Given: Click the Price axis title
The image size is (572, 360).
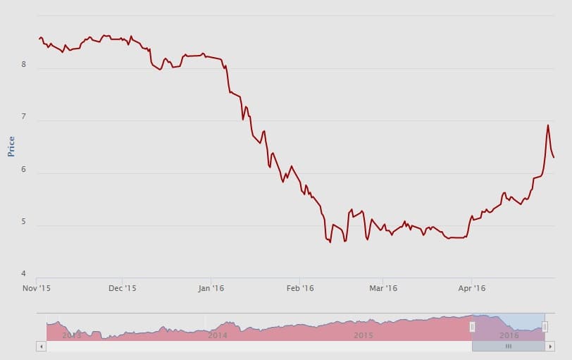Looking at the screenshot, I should pos(11,146).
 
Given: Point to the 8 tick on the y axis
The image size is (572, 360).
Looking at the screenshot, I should pos(23,65).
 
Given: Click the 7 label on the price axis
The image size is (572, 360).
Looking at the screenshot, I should pos(23,117).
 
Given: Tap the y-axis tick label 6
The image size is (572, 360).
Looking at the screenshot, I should pos(23,170).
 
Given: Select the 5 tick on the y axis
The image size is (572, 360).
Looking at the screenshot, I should pos(23,223).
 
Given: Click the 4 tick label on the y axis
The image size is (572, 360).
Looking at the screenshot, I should pos(23,274).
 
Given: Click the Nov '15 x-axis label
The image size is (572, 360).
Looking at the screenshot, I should pos(36,288).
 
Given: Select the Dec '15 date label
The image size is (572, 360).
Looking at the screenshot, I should pos(123,288).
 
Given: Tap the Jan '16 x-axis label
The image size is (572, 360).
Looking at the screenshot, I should pos(212,288).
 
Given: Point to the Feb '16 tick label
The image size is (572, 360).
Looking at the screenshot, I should pos(300,288).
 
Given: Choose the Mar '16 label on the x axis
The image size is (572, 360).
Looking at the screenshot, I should pos(383,288).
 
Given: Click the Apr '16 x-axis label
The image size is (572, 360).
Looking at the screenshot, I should pos(472,288).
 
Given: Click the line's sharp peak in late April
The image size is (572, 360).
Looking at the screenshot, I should pos(548,125).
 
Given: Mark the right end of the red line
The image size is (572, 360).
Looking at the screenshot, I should pos(554,157).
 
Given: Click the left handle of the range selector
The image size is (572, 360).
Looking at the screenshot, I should pos(472,326).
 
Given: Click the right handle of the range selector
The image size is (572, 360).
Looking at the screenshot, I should pos(545,326).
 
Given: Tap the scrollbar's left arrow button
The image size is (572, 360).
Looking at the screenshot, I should pos(41,346).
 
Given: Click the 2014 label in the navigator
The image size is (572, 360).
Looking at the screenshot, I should pos(218,335).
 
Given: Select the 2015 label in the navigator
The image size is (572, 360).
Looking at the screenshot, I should pos(363,335).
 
